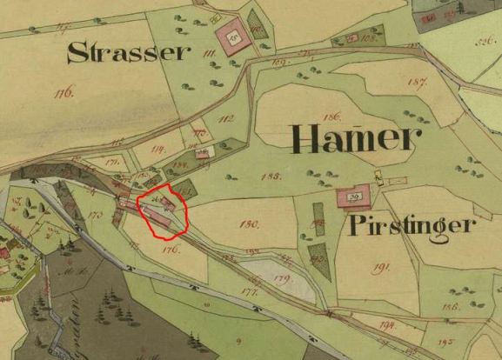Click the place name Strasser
tap(129, 53)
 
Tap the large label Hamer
tap(355, 138)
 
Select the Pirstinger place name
tap(412, 226)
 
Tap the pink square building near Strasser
tap(230, 36)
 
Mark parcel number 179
tap(280, 278)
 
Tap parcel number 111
tap(209, 57)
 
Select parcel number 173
tap(96, 212)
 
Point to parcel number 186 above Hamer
tap(331, 116)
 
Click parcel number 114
tap(158, 149)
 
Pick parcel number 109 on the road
tap(280, 63)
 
